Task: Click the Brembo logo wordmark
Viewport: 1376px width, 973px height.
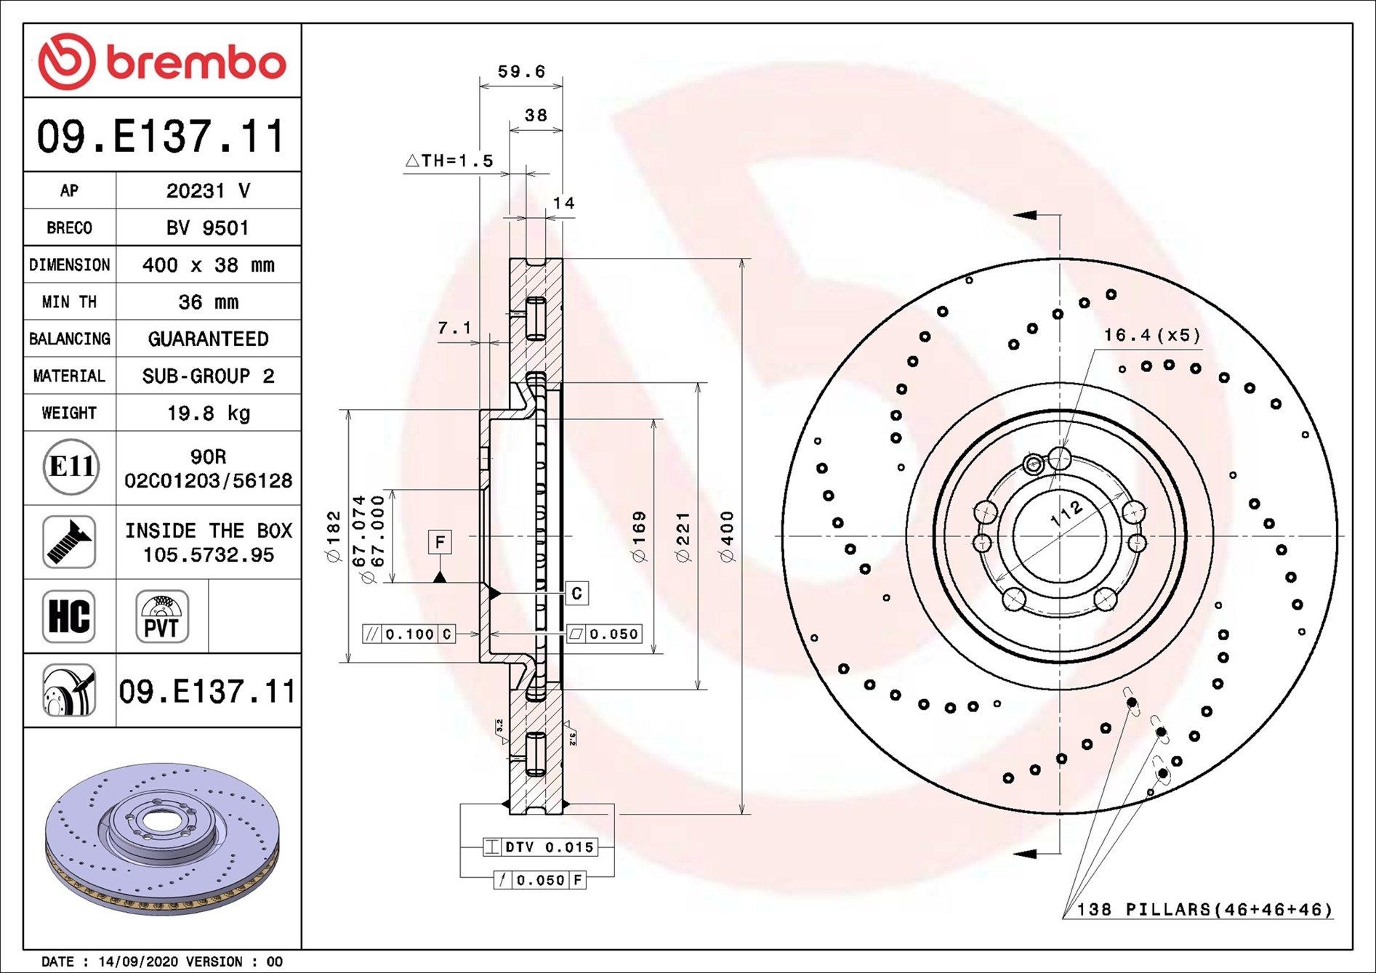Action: [195, 62]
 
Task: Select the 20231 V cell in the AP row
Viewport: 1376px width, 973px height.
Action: [208, 190]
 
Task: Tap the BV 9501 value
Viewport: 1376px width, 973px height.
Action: [208, 227]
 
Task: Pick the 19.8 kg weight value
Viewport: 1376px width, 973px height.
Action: [208, 413]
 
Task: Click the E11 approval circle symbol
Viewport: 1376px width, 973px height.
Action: [70, 467]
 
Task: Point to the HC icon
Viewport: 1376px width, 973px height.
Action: [69, 615]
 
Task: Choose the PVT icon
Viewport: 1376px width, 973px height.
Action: [161, 616]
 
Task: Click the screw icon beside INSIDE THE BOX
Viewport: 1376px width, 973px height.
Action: [69, 542]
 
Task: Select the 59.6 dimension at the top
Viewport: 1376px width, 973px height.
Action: [520, 71]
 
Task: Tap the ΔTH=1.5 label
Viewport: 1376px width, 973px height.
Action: [449, 161]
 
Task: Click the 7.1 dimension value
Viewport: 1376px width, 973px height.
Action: [454, 328]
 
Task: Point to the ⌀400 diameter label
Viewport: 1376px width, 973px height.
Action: [728, 536]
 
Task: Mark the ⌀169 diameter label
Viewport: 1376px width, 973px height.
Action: [639, 536]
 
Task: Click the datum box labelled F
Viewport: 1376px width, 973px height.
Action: [439, 542]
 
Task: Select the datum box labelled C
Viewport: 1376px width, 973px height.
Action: [576, 593]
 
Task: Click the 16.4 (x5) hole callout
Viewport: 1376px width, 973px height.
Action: [1151, 335]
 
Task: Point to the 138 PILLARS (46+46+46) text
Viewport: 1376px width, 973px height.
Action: [1204, 909]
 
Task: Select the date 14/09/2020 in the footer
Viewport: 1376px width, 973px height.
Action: [137, 961]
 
